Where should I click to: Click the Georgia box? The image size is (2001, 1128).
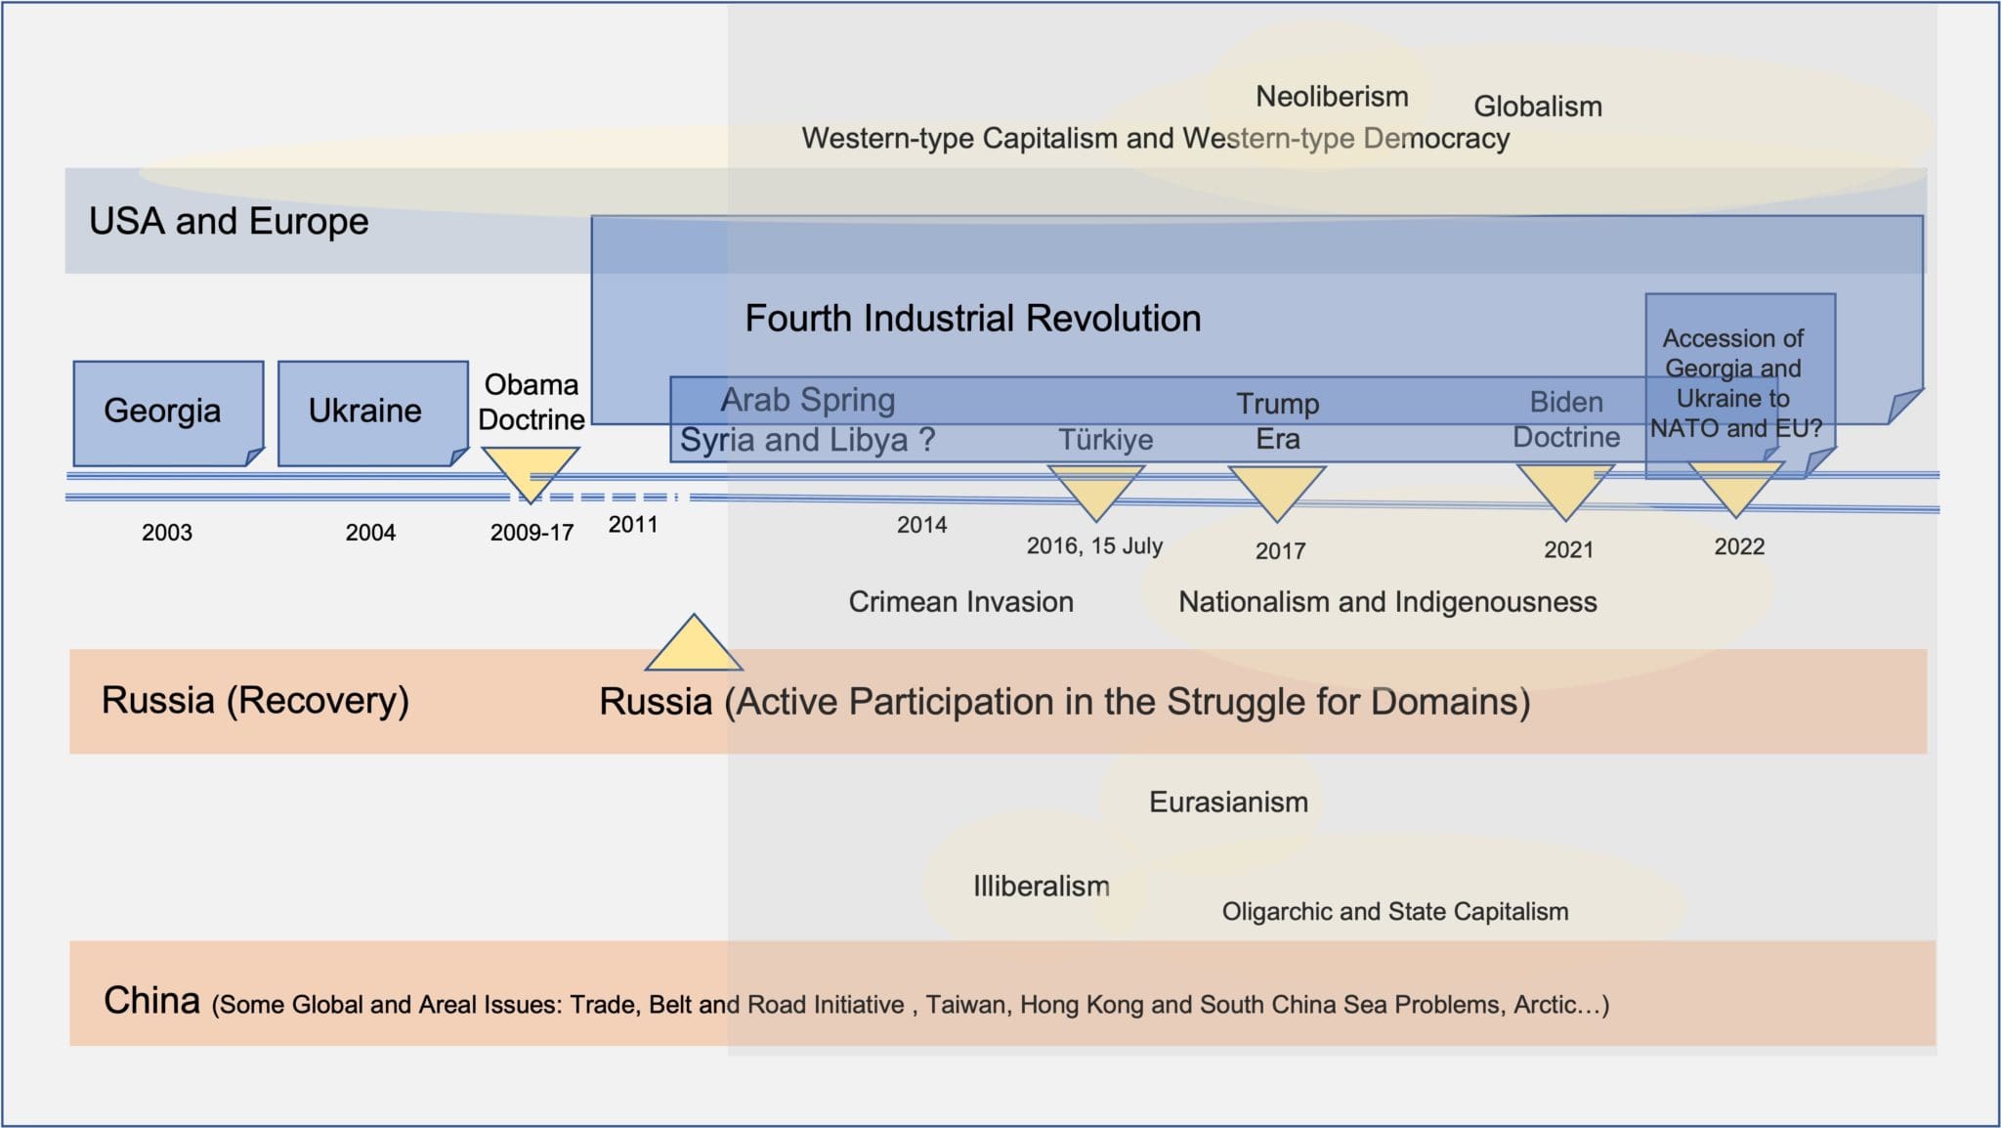(168, 413)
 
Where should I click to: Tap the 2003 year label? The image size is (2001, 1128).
(167, 533)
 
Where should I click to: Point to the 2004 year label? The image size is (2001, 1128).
(370, 533)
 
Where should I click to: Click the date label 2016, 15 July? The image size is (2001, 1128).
(1094, 545)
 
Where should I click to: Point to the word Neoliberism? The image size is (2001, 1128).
(1332, 97)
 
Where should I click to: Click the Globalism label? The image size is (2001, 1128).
(1538, 107)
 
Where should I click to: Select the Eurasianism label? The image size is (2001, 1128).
(1228, 803)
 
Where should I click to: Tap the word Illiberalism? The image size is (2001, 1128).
(1042, 887)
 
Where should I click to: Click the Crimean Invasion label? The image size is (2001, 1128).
(960, 602)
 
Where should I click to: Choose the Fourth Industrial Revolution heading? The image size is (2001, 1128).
(973, 319)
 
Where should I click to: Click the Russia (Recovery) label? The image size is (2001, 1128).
(255, 701)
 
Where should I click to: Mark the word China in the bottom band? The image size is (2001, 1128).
(151, 1001)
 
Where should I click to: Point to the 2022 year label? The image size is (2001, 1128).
(1739, 546)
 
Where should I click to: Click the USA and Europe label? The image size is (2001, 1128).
(229, 222)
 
